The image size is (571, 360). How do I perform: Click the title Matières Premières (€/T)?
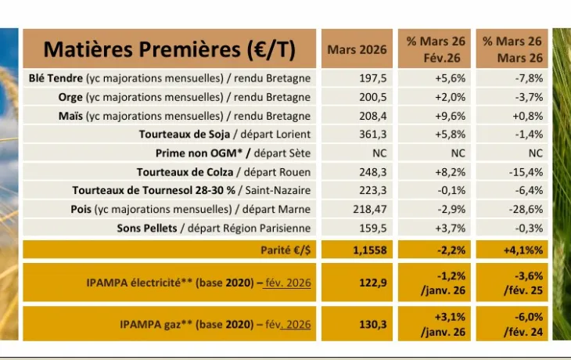click(169, 49)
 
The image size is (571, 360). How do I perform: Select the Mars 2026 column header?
click(356, 49)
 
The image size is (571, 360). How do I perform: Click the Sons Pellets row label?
click(214, 229)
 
